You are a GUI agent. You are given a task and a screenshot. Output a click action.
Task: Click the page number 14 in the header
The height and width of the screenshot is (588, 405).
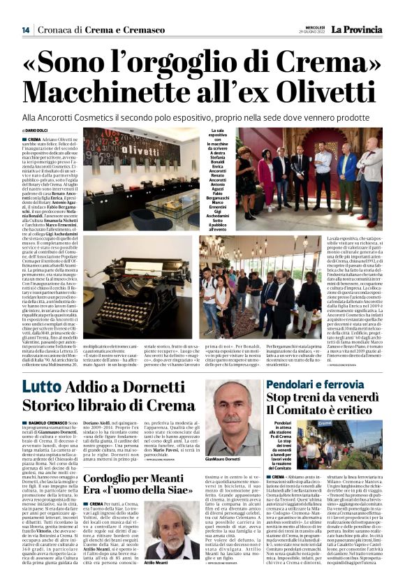(x=25, y=30)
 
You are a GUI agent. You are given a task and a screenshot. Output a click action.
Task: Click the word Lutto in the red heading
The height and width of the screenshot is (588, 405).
(x=43, y=388)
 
